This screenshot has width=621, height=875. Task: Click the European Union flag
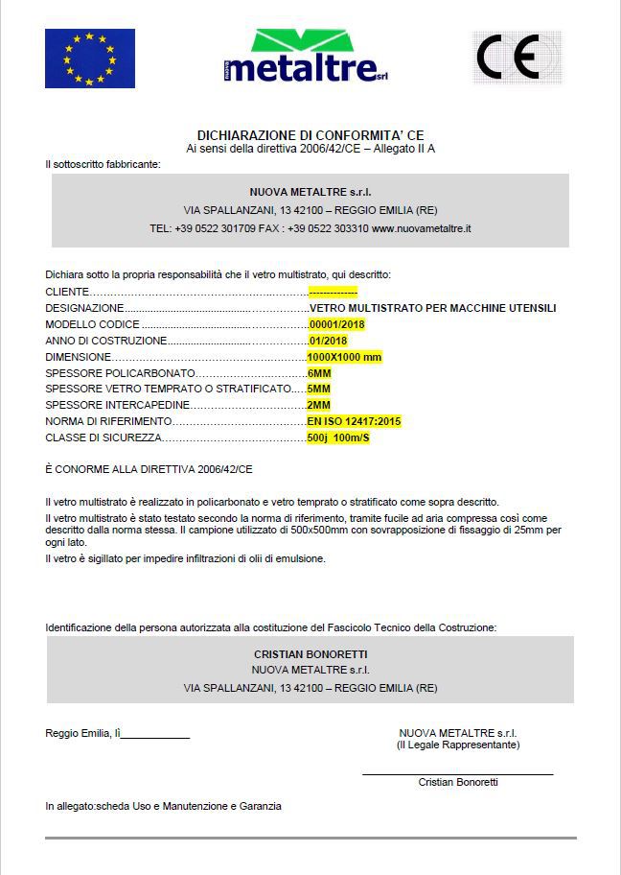point(90,59)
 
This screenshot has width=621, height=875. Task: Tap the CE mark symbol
point(517,58)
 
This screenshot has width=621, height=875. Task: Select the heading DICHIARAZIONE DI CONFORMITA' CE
point(310,136)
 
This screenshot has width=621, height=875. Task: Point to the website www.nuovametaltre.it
point(422,228)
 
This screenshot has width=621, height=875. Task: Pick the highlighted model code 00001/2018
point(336,324)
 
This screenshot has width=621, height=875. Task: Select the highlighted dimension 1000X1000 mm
point(344,356)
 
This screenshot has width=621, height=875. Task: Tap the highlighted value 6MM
point(319,372)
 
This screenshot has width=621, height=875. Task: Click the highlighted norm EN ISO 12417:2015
point(354,421)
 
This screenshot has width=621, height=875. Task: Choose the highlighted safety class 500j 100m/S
point(338,437)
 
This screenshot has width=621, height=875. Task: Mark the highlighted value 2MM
point(319,405)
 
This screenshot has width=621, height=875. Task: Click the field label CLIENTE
point(68,292)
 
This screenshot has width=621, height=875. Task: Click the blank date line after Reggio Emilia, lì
point(156,737)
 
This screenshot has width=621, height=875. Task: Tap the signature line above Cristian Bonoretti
point(457,773)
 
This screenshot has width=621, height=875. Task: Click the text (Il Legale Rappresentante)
point(458,745)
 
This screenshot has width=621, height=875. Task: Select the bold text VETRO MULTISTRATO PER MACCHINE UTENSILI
point(432,308)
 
